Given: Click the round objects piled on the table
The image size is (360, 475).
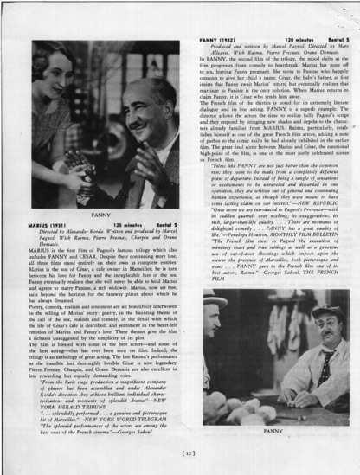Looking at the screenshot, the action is (76, 177).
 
